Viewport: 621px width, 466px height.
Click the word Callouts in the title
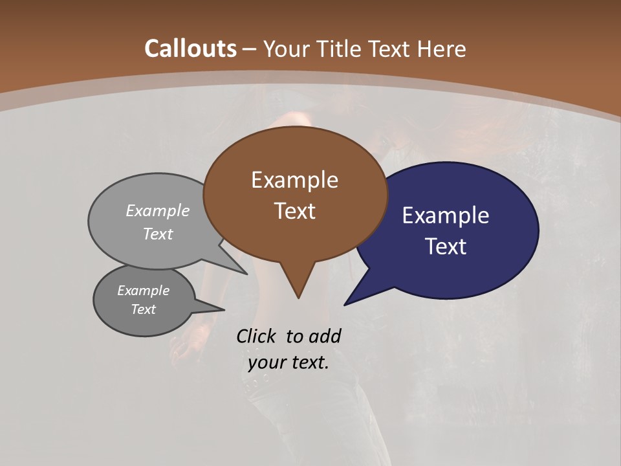191,49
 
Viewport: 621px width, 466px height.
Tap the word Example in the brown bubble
294,180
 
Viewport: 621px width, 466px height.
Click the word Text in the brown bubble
294,211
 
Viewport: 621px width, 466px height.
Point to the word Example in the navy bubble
446,216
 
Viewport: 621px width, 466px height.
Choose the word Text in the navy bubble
446,247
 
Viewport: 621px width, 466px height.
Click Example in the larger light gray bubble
158,210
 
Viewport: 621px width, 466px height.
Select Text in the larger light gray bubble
158,234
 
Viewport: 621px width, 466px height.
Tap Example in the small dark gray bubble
143,291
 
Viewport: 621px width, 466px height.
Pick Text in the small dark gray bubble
143,309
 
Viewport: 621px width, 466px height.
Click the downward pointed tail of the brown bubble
298,288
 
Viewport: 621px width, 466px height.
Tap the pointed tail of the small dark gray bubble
213,306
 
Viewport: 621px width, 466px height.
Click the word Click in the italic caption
256,336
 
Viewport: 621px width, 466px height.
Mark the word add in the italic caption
324,336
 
